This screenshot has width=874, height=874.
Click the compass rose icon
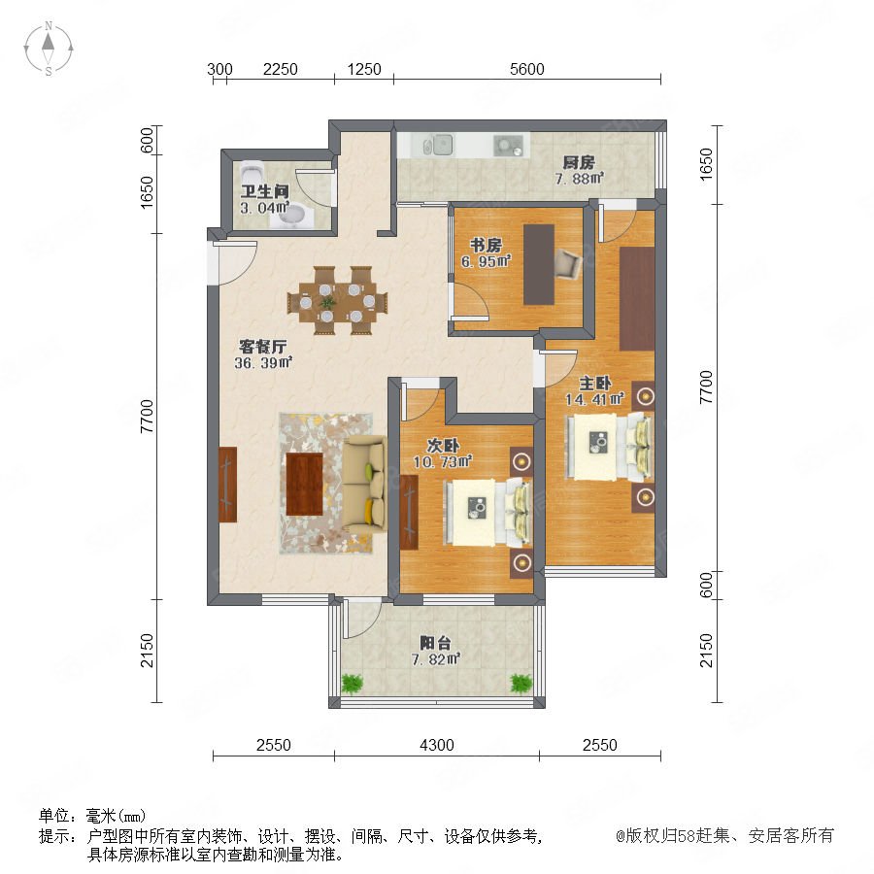pyautogui.click(x=49, y=49)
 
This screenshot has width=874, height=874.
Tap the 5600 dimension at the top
pyautogui.click(x=526, y=69)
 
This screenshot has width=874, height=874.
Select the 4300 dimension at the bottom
pyautogui.click(x=436, y=745)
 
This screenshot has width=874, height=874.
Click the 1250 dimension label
pyautogui.click(x=364, y=69)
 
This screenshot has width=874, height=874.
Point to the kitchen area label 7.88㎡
pyautogui.click(x=579, y=179)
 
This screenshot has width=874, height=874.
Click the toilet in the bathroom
pyautogui.click(x=252, y=169)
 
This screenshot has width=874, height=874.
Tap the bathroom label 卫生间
pyautogui.click(x=265, y=191)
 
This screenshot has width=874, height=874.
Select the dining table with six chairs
pyautogui.click(x=337, y=301)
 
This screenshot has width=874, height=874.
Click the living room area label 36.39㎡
pyautogui.click(x=263, y=363)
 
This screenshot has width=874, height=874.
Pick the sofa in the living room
pyautogui.click(x=364, y=485)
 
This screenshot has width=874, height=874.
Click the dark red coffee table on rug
pyautogui.click(x=304, y=485)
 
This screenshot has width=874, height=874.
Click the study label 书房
pyautogui.click(x=486, y=245)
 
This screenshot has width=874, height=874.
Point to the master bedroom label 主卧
pyautogui.click(x=594, y=383)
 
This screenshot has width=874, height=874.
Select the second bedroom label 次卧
pyautogui.click(x=443, y=446)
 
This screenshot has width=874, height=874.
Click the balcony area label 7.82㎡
pyautogui.click(x=435, y=659)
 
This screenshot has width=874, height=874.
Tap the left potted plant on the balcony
pyautogui.click(x=352, y=683)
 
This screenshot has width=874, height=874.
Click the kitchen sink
pyautogui.click(x=438, y=146)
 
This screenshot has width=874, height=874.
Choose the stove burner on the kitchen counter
pyautogui.click(x=508, y=146)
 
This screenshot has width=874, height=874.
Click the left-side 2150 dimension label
pyautogui.click(x=147, y=650)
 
